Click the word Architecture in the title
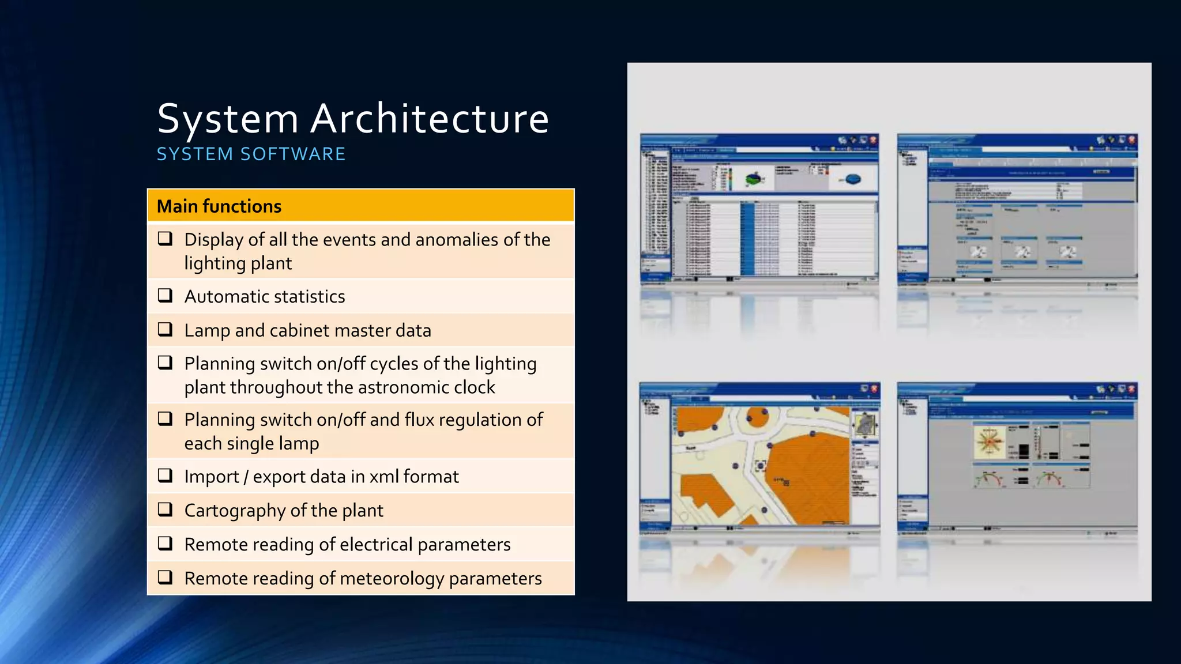430,119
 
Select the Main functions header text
219,206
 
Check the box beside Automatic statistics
166,296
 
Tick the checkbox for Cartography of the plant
166,510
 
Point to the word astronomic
403,387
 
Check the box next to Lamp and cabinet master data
166,329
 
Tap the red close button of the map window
874,389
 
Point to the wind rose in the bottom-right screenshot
990,443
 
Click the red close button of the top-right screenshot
1131,140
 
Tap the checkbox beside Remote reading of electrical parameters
166,544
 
